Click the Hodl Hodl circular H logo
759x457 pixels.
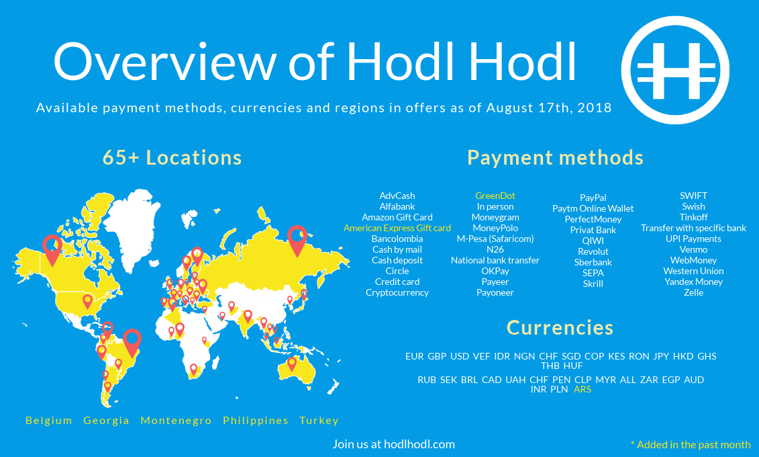675,71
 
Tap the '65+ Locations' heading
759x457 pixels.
172,157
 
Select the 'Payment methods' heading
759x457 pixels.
555,157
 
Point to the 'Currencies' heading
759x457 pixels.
560,327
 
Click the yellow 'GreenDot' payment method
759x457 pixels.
495,196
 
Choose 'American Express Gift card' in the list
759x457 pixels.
397,228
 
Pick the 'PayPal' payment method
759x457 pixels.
593,198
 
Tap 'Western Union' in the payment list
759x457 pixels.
693,271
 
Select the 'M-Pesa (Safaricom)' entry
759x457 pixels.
495,239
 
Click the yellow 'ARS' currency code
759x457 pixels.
583,389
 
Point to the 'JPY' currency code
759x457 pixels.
661,356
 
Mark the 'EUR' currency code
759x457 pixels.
414,356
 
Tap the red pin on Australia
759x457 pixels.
291,364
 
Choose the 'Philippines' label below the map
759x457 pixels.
256,421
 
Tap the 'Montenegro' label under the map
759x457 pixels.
176,421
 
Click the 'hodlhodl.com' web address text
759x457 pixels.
419,444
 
